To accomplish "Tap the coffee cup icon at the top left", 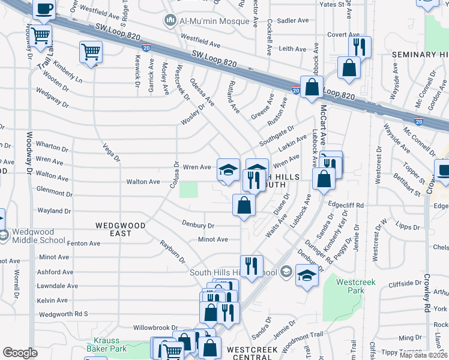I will [x=44, y=10].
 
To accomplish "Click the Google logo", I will [x=20, y=353].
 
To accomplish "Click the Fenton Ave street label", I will [x=83, y=244].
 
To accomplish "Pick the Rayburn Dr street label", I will [x=173, y=250].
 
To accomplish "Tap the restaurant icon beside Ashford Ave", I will [x=252, y=266].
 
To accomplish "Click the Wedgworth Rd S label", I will [x=63, y=314].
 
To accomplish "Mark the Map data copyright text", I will [x=424, y=355].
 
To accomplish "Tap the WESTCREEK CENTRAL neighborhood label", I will [x=249, y=353].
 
